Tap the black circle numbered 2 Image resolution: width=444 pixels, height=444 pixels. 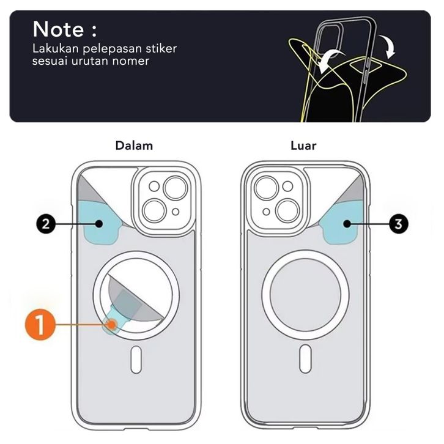46,224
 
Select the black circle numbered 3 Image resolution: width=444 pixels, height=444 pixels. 398,224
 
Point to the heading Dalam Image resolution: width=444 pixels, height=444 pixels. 134,146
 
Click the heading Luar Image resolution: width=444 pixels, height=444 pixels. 303,146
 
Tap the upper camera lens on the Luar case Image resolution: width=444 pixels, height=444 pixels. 267,187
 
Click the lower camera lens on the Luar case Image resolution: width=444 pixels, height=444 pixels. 285,208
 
